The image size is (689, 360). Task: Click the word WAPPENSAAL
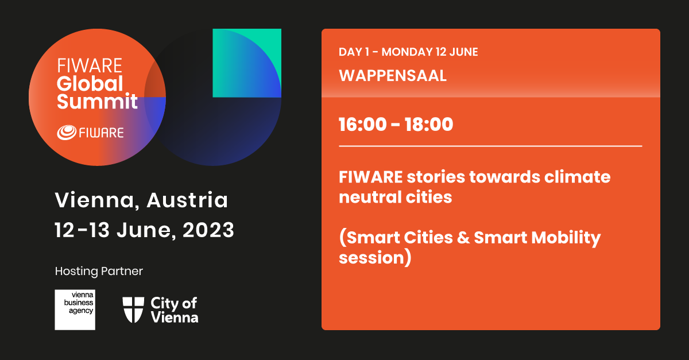pyautogui.click(x=393, y=76)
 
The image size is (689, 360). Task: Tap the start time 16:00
pyautogui.click(x=363, y=125)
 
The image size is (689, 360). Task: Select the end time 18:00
pyautogui.click(x=429, y=125)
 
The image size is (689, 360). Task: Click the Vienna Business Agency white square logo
pyautogui.click(x=75, y=309)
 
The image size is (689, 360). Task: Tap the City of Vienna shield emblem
pyautogui.click(x=133, y=309)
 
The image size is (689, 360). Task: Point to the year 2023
pyautogui.click(x=208, y=230)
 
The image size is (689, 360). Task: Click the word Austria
pyautogui.click(x=187, y=200)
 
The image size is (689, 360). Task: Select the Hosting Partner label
pyautogui.click(x=99, y=271)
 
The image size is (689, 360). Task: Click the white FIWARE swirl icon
pyautogui.click(x=67, y=133)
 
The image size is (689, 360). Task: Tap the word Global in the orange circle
pyautogui.click(x=90, y=83)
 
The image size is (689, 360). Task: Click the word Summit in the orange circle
pyautogui.click(x=97, y=101)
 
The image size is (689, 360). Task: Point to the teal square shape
pyautogui.click(x=247, y=63)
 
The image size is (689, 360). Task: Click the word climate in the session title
pyautogui.click(x=578, y=177)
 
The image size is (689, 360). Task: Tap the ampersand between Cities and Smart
pyautogui.click(x=463, y=238)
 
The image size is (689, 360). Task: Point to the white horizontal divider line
pyautogui.click(x=490, y=146)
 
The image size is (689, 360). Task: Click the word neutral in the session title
pyautogui.click(x=370, y=198)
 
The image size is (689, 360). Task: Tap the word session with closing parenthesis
pyautogui.click(x=375, y=258)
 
